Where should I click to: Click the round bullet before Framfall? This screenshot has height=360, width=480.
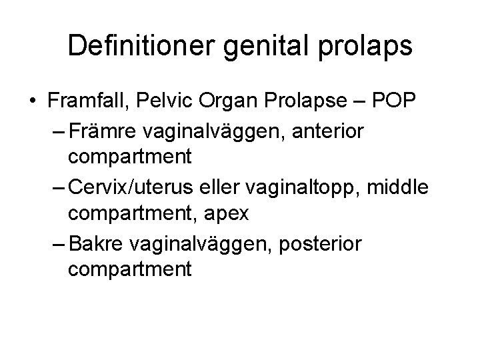(32, 101)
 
